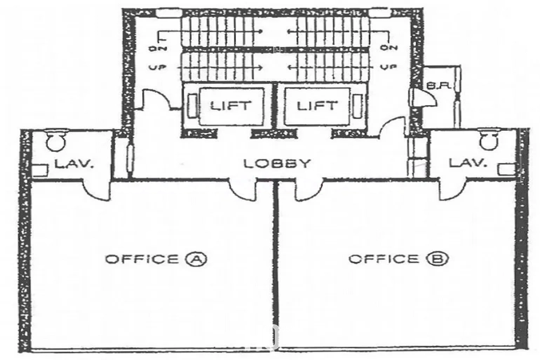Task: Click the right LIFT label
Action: point(317,106)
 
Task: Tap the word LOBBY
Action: point(277,163)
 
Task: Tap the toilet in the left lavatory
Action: point(55,140)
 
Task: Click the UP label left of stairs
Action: point(157,67)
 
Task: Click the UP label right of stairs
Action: point(389,67)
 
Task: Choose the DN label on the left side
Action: point(157,48)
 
